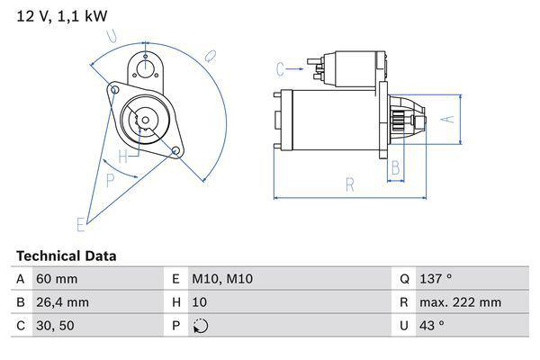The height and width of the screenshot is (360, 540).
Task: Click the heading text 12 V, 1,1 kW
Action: (54, 15)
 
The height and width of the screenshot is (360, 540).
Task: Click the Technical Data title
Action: (66, 256)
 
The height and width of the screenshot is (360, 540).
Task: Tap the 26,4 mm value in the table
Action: (62, 302)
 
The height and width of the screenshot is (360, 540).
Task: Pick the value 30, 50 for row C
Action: (55, 326)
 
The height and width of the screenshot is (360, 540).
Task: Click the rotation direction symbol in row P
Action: (200, 326)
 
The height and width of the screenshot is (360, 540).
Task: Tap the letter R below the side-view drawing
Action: (349, 186)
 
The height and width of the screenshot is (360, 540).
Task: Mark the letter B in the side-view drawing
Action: (394, 166)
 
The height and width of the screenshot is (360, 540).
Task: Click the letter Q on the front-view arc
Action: (209, 57)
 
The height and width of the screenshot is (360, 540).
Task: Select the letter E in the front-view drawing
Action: (81, 223)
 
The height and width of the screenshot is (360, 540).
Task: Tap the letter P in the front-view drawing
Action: (111, 180)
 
